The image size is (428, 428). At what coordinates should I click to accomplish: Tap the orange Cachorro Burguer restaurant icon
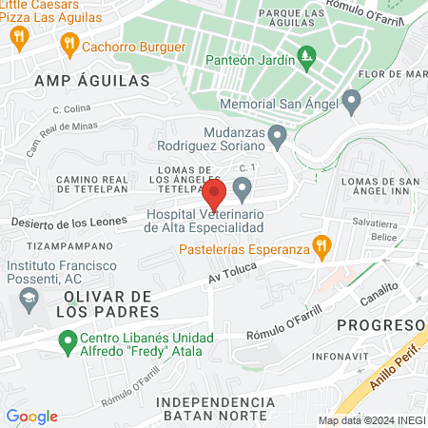(x=68, y=43)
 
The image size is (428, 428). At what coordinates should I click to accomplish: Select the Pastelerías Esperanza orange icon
(x=321, y=244)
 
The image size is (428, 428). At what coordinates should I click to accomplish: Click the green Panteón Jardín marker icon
(x=305, y=58)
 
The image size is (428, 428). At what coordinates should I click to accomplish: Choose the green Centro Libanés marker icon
(x=68, y=339)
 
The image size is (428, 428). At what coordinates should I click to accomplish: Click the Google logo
(x=31, y=417)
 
